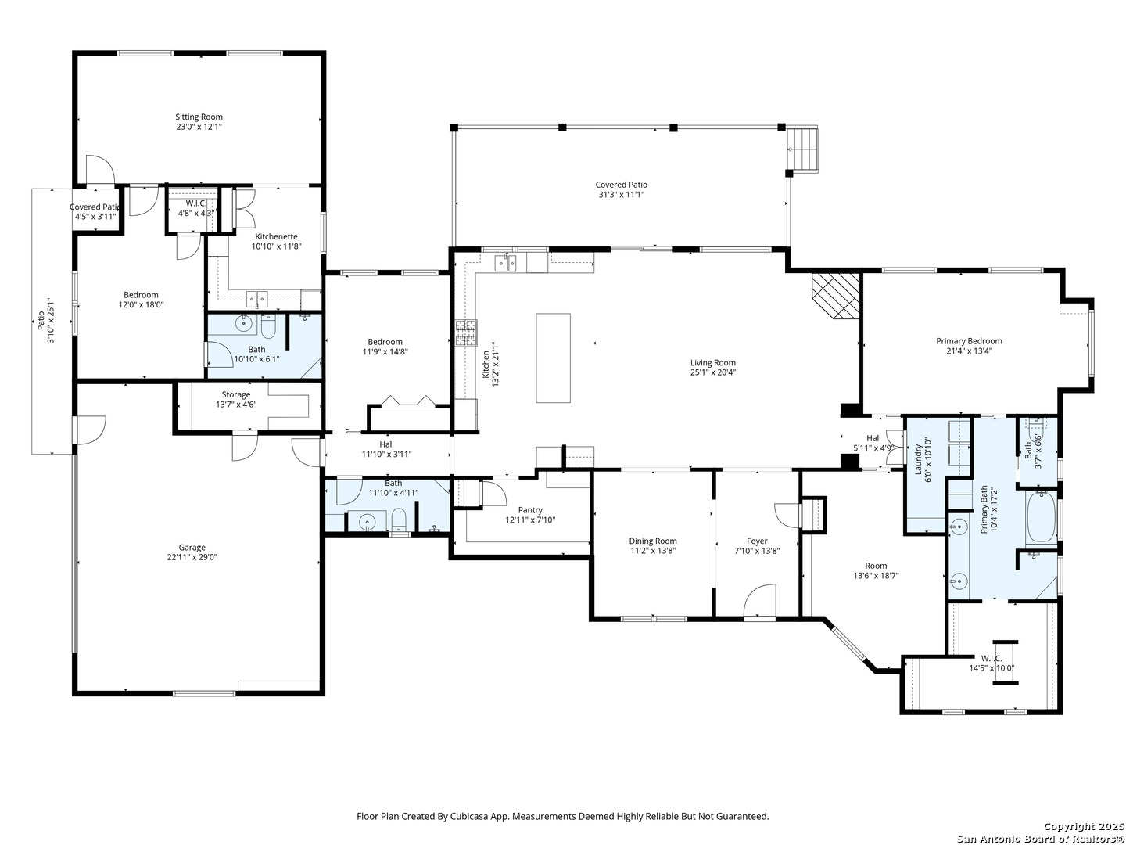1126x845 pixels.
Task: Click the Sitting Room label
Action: pos(199,117)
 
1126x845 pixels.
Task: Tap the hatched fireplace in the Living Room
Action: pos(836,295)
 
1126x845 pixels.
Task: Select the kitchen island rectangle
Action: pos(553,358)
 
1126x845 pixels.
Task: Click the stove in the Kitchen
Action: pos(467,333)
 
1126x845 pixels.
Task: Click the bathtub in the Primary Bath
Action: pos(1041,517)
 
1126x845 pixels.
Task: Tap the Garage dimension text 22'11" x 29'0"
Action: pos(192,558)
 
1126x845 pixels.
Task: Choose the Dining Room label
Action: pos(653,541)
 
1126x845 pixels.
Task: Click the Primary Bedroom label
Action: pos(969,341)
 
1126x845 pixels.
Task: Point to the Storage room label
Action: pos(235,394)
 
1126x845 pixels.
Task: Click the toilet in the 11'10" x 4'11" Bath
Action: pos(399,520)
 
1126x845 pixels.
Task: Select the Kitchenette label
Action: pos(276,236)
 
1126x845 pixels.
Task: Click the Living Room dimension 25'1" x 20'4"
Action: pos(712,372)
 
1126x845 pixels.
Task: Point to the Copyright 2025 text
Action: pos(1083,826)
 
